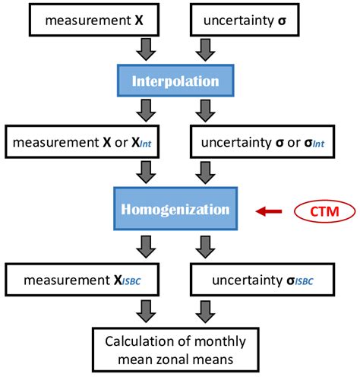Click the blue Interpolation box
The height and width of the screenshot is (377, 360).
click(175, 81)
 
